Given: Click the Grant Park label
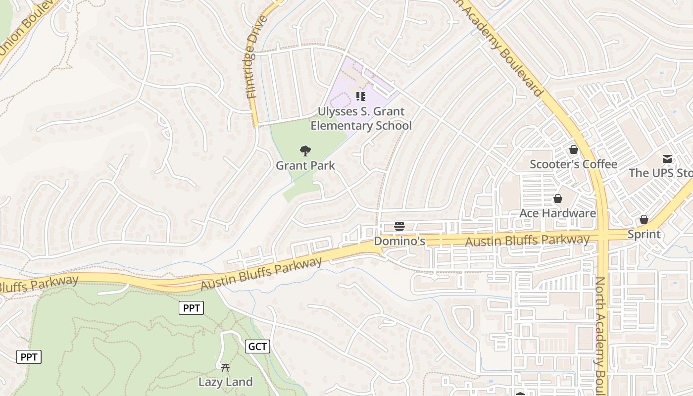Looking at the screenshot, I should point(305,166).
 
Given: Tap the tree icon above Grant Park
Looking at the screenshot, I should point(305,150).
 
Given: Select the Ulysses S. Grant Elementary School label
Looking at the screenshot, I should point(361,119).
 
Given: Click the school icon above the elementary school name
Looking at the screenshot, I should point(361,96).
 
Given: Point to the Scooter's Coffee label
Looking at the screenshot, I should point(573,164).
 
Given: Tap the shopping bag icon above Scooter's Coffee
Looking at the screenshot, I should point(574,149).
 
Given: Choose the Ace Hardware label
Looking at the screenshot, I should point(557,213).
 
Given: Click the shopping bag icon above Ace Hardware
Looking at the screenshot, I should point(558,198).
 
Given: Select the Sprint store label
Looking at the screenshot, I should point(643,234).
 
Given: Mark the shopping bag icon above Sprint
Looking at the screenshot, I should point(644,219).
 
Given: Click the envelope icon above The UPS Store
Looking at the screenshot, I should point(667,159).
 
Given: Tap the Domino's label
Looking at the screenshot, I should point(399,241).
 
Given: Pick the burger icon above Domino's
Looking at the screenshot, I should point(399,226).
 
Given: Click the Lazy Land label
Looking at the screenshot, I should point(225,382).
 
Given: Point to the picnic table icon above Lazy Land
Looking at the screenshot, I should point(225,367).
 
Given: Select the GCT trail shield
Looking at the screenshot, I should point(257,346).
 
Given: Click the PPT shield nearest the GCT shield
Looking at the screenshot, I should point(191,308).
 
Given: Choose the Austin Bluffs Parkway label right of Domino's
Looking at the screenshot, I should point(528,241).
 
